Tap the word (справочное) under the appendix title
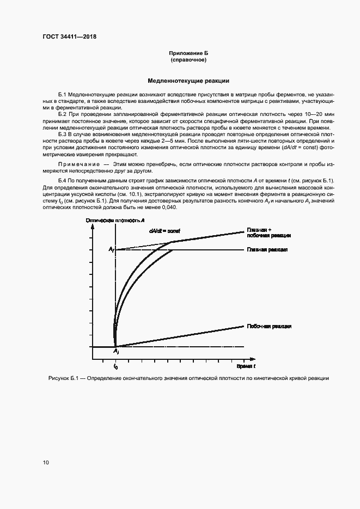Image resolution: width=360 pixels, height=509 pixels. (x=188, y=60)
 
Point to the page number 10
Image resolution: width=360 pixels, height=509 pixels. (x=46, y=463)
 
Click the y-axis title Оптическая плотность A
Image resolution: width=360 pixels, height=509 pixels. (x=115, y=219)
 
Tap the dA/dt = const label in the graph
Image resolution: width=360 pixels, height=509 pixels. (x=164, y=231)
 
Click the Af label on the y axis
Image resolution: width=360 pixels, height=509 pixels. (x=111, y=249)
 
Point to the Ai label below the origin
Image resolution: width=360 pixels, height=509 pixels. (x=116, y=352)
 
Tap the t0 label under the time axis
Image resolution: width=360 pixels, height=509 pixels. (x=115, y=367)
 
